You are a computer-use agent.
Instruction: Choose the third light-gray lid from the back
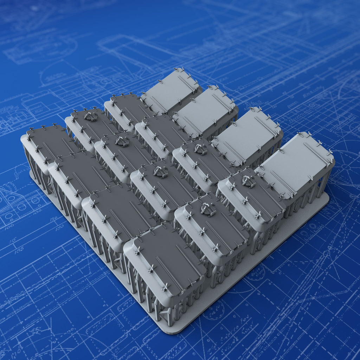point(248,135)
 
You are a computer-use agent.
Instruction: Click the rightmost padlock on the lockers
point(248,181)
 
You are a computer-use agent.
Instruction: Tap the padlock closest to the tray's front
point(208,210)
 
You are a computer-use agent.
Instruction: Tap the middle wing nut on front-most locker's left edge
point(152,269)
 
